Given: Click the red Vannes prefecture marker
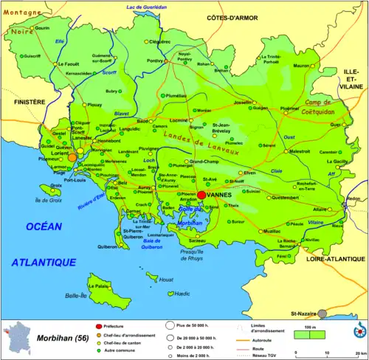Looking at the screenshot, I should pos(201,194).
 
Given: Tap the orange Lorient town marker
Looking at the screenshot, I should pos(72,156).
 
